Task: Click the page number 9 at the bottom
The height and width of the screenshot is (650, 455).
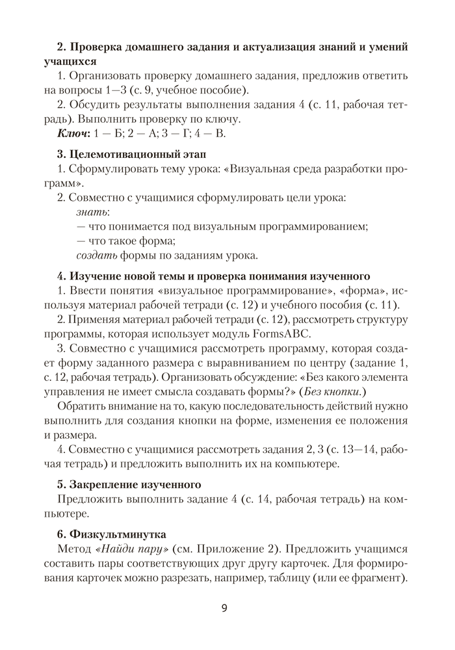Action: pyautogui.click(x=224, y=609)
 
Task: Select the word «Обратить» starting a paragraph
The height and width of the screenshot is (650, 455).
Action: pyautogui.click(x=81, y=406)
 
